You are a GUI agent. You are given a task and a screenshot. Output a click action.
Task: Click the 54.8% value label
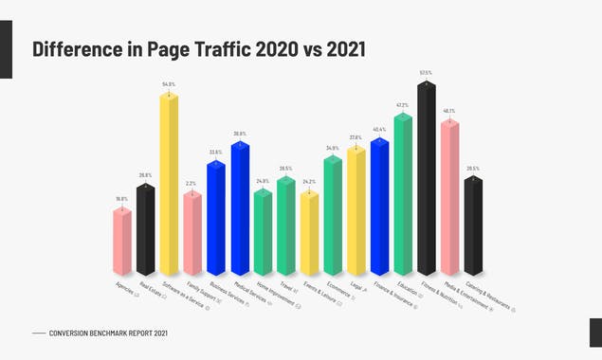(x=169, y=84)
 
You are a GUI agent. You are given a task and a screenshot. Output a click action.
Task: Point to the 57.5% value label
(x=426, y=72)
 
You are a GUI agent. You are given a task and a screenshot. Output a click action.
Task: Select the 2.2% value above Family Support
(x=192, y=184)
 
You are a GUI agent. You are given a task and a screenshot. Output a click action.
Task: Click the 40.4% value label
(x=379, y=130)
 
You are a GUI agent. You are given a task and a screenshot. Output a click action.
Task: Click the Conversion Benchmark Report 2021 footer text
(x=110, y=333)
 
